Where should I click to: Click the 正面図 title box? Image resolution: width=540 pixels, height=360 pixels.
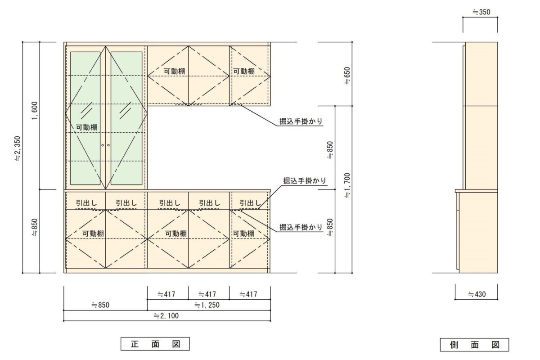click(x=155, y=344)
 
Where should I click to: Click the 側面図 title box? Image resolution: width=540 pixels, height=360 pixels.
click(x=474, y=345)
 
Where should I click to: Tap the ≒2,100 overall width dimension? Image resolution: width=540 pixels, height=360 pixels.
click(x=166, y=315)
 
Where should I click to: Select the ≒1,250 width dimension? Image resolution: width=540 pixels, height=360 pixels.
click(x=207, y=305)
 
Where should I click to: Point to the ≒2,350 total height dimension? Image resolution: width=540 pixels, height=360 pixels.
click(x=18, y=148)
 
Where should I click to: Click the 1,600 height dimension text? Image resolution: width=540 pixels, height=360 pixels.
click(x=35, y=111)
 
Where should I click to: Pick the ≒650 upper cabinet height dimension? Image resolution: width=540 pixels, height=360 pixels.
click(x=347, y=76)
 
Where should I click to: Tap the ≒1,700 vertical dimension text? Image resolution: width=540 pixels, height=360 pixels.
click(x=347, y=186)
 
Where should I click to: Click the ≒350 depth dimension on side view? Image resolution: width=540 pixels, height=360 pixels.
click(x=481, y=12)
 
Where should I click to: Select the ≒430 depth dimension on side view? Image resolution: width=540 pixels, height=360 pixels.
click(x=477, y=294)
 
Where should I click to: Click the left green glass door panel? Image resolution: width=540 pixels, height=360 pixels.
click(x=85, y=118)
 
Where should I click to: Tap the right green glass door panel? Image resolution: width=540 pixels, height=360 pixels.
click(x=126, y=118)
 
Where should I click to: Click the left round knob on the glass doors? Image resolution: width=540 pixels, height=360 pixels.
click(x=103, y=145)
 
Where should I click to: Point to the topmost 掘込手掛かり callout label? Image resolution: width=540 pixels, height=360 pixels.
click(x=301, y=121)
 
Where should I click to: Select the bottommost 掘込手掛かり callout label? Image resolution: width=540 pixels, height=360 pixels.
click(x=301, y=227)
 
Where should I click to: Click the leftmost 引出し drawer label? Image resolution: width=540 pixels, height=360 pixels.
click(x=86, y=203)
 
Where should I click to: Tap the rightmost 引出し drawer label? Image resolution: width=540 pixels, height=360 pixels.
click(x=250, y=203)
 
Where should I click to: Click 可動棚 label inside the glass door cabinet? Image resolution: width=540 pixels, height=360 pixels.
click(x=87, y=127)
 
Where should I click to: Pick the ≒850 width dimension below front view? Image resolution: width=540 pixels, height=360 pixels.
click(x=100, y=305)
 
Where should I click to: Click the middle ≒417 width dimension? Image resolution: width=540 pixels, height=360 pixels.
click(x=207, y=294)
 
